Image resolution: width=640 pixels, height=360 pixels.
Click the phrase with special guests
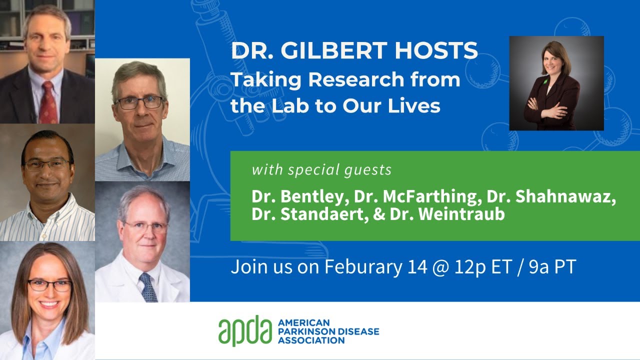(321, 170)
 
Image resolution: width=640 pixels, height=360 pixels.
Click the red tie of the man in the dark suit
(48, 102)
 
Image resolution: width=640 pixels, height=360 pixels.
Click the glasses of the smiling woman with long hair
(49, 285)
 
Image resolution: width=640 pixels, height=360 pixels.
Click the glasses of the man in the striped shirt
(47, 164)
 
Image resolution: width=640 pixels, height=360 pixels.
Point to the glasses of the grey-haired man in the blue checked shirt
(139, 102)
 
